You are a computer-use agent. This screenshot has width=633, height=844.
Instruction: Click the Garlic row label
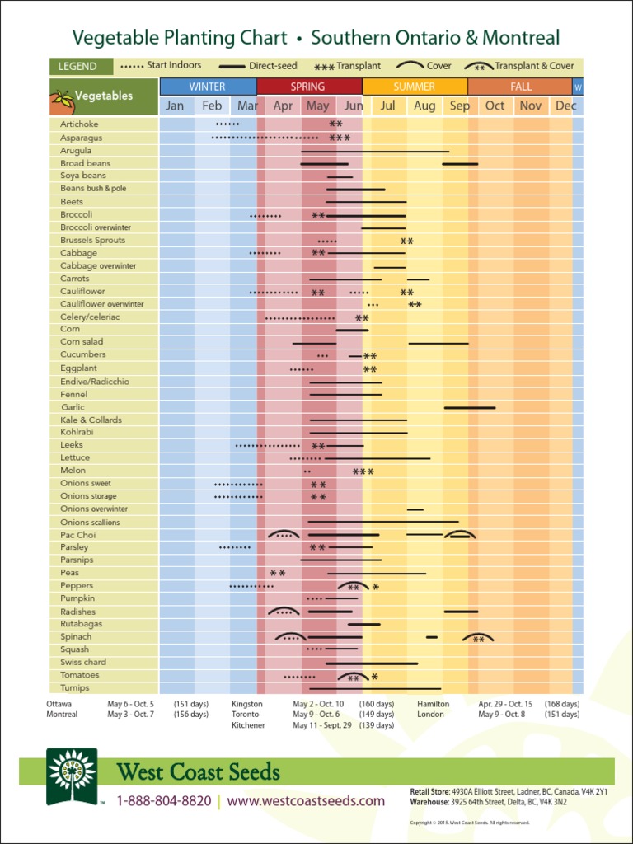pyautogui.click(x=73, y=407)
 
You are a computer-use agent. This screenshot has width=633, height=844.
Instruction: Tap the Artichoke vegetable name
pyautogui.click(x=79, y=124)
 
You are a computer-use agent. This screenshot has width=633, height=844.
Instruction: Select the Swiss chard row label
pyautogui.click(x=83, y=663)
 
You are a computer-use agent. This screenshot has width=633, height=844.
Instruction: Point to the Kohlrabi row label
pyautogui.click(x=77, y=432)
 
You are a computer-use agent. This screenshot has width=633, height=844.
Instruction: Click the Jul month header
pyautogui.click(x=387, y=105)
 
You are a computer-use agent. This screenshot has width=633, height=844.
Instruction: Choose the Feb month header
pyautogui.click(x=212, y=105)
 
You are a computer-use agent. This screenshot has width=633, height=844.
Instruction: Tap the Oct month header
pyautogui.click(x=495, y=105)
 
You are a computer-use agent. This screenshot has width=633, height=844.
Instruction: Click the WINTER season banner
pyautogui.click(x=207, y=87)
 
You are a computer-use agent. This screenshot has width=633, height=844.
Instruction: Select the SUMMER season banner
pyautogui.click(x=414, y=87)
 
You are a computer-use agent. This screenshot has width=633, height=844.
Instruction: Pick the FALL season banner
pyautogui.click(x=520, y=87)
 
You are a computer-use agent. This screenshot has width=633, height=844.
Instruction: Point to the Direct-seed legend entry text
pyautogui.click(x=273, y=66)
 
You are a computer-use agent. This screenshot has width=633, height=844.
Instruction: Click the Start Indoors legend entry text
pyautogui.click(x=174, y=65)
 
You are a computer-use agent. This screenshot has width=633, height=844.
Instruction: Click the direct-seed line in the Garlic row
pyautogui.click(x=470, y=407)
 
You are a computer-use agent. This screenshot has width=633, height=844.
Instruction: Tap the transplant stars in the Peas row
pyautogui.click(x=278, y=573)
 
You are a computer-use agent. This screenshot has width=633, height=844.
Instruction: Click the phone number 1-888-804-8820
pyautogui.click(x=164, y=801)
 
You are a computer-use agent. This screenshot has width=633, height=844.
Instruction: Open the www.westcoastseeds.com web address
pyautogui.click(x=306, y=801)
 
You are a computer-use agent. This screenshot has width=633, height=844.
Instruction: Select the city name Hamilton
pyautogui.click(x=433, y=704)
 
